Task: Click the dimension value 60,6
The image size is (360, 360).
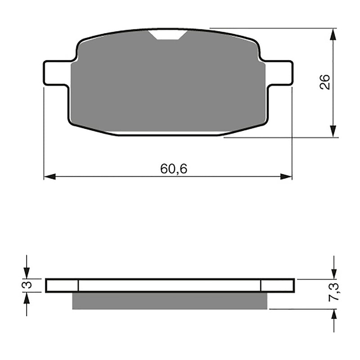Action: point(174,169)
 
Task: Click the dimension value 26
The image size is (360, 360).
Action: point(325,82)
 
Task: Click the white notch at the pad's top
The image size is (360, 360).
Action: point(169,35)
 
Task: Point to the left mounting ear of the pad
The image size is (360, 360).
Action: point(57,72)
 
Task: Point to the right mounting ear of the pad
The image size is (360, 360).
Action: point(279,72)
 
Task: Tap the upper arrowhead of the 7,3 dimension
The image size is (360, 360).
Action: point(333,273)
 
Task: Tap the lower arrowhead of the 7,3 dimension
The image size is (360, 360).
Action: point(333,315)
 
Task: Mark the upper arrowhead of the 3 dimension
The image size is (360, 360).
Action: point(27,273)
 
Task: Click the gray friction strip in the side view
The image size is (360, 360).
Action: point(170,301)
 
